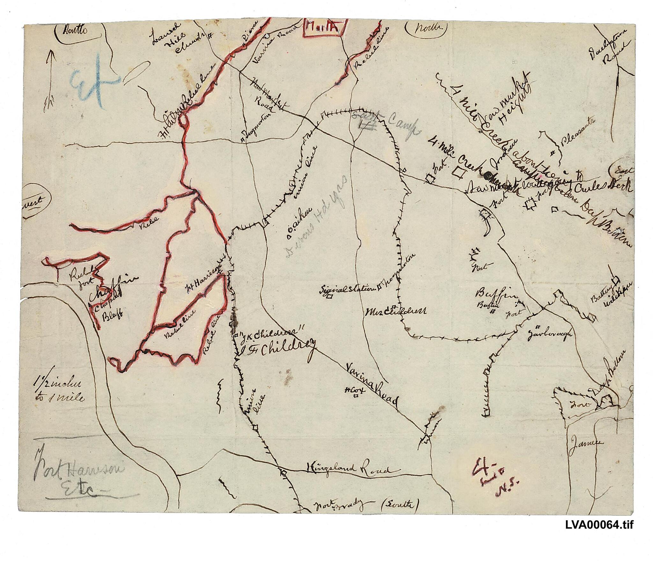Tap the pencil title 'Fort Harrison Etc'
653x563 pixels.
pos(80,478)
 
